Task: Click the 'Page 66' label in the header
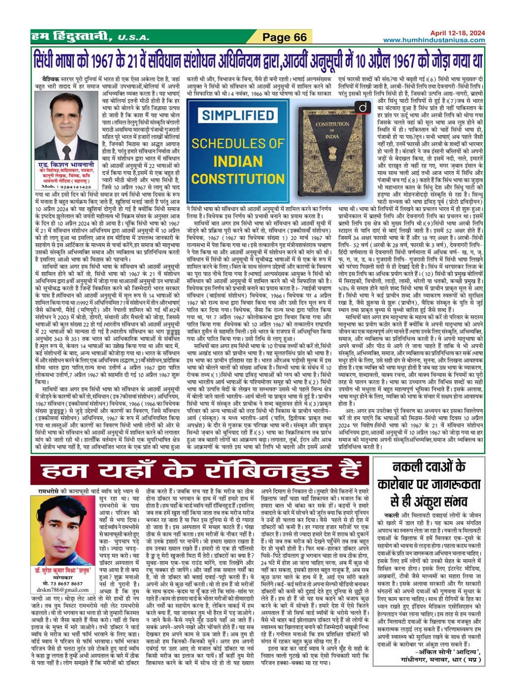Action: pyautogui.click(x=284, y=37)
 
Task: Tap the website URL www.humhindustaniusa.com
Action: pyautogui.click(x=434, y=40)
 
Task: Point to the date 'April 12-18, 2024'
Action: pyautogui.click(x=457, y=33)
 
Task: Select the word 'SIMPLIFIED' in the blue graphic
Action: pyautogui.click(x=238, y=115)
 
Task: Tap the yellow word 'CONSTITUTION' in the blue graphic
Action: pyautogui.click(x=238, y=179)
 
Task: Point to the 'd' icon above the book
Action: pyautogui.click(x=364, y=108)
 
